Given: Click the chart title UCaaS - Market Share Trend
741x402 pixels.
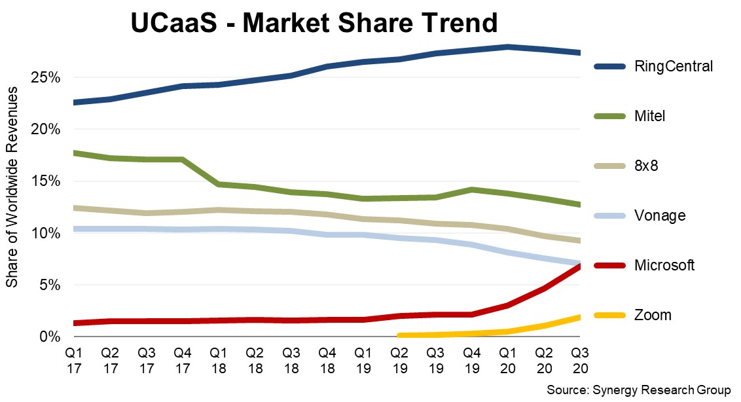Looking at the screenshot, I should pyautogui.click(x=314, y=24).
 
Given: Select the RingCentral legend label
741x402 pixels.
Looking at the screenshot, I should pyautogui.click(x=673, y=66).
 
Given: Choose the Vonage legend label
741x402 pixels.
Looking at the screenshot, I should pyautogui.click(x=660, y=215).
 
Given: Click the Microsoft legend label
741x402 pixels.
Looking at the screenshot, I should pyautogui.click(x=664, y=265).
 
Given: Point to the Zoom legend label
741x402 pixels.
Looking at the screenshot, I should pyautogui.click(x=653, y=315).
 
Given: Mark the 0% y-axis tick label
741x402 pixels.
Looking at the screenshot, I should pyautogui.click(x=50, y=337).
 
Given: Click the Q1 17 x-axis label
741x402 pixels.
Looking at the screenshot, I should pyautogui.click(x=75, y=361).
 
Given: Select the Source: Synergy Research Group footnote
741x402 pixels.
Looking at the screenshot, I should pyautogui.click(x=638, y=390).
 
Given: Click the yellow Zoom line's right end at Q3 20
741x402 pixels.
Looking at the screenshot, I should pyautogui.click(x=578, y=317).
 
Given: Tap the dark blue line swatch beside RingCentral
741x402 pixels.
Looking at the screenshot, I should pyautogui.click(x=609, y=66).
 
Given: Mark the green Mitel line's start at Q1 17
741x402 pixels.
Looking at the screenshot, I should pyautogui.click(x=76, y=153).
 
